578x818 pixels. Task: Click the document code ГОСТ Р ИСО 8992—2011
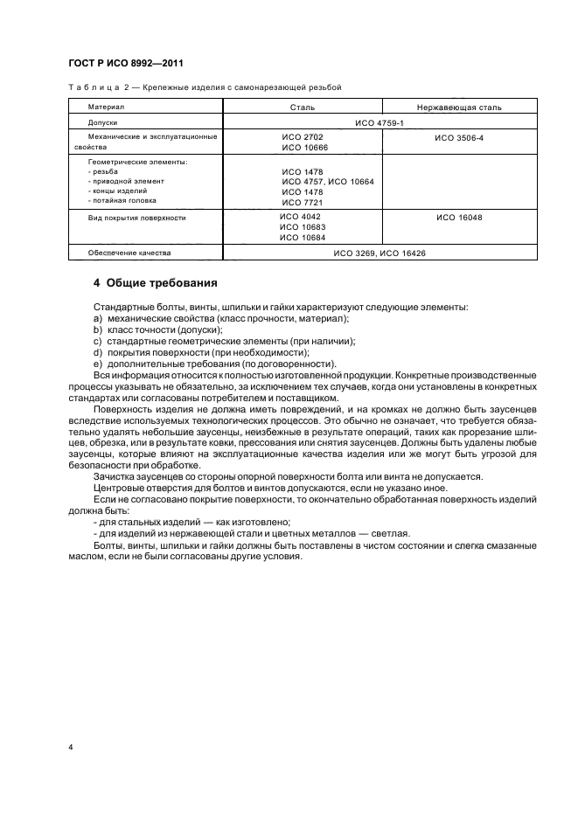pos(126,63)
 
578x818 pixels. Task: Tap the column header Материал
pos(106,107)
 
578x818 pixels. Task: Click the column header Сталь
pos(303,107)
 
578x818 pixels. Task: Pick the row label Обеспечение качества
pos(129,253)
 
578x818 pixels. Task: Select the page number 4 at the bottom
pos(71,748)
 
